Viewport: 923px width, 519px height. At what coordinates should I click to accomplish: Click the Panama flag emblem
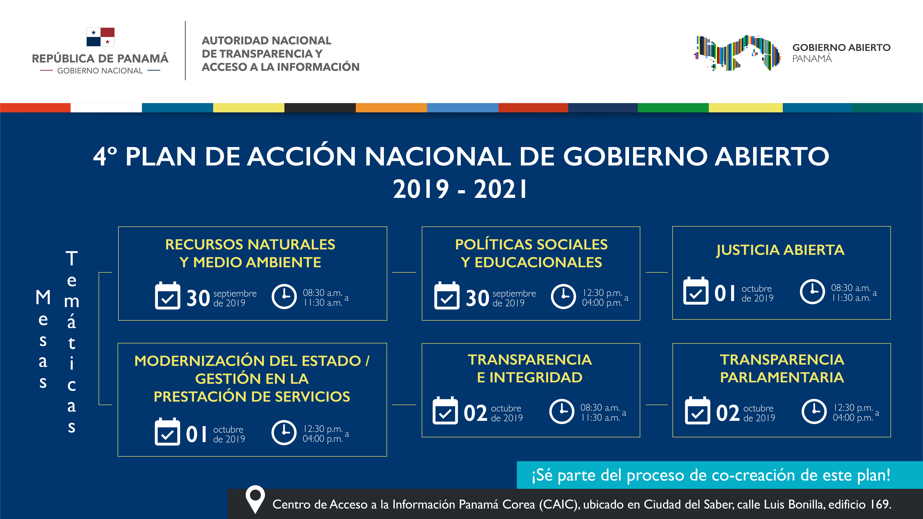tap(100, 37)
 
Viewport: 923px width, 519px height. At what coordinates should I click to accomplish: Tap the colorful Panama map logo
tap(737, 53)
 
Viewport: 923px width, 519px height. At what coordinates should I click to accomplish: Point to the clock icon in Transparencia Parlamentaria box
tap(814, 412)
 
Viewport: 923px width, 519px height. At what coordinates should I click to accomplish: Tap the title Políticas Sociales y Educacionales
tap(531, 253)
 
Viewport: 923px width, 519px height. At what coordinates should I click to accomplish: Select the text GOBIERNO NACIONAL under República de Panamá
tap(100, 71)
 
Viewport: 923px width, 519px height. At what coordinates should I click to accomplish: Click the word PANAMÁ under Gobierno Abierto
tap(812, 59)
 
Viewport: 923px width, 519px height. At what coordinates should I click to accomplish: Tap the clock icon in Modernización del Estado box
tap(284, 433)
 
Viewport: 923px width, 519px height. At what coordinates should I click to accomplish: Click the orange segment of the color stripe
tap(391, 107)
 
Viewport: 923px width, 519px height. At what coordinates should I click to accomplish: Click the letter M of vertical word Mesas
tap(43, 297)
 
